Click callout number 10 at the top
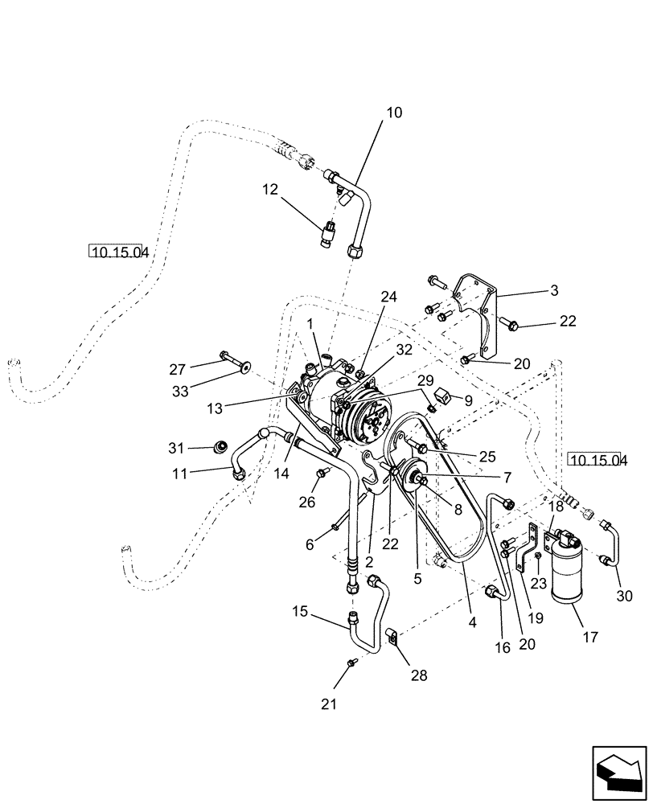click(x=393, y=113)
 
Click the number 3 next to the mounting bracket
click(x=554, y=289)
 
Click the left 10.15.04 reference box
click(x=119, y=252)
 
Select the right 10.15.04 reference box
click(x=597, y=460)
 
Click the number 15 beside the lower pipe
click(x=300, y=613)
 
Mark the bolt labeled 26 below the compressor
click(x=322, y=473)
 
